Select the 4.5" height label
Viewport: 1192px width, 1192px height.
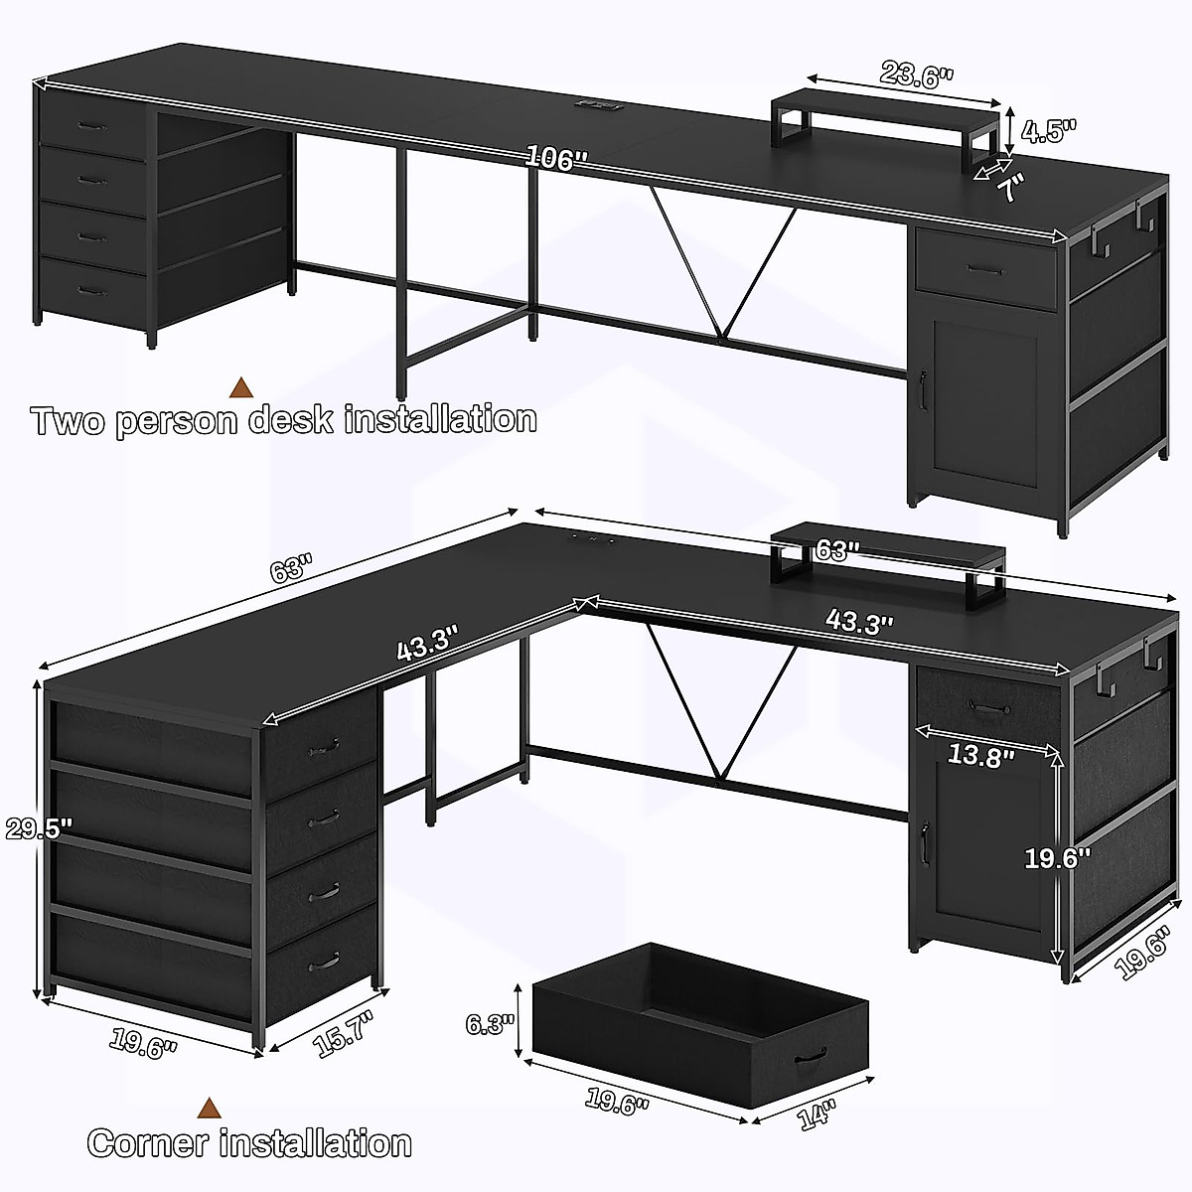1049,130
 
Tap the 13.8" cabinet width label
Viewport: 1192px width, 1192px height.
981,756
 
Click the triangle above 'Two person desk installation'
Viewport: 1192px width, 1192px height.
239,386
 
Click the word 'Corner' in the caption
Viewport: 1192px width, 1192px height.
150,1143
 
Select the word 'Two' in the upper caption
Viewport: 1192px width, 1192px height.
69,420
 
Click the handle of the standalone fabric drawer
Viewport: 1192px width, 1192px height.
811,1056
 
